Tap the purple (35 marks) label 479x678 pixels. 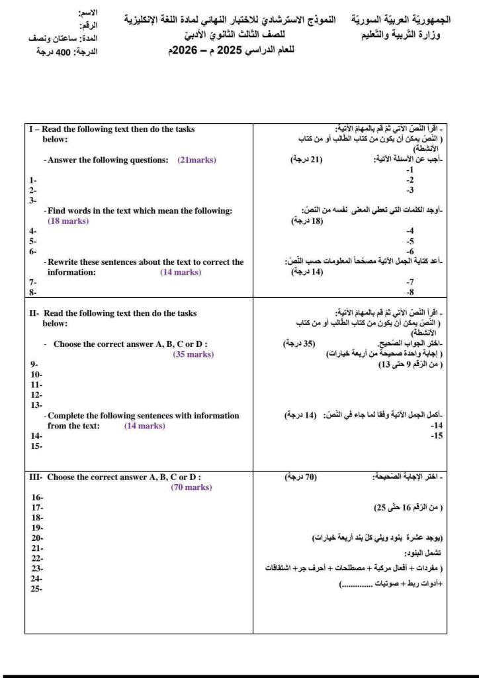(x=193, y=354)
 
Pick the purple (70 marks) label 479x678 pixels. (x=191, y=487)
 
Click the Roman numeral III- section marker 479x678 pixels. (x=35, y=477)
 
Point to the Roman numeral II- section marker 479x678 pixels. (x=34, y=313)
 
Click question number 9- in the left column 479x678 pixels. (x=34, y=364)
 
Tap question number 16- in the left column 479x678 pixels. (x=37, y=497)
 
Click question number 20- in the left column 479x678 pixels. (x=37, y=538)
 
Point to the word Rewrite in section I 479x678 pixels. (x=65, y=262)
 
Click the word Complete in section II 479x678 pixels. (x=67, y=416)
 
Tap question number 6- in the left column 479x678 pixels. (x=32, y=252)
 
